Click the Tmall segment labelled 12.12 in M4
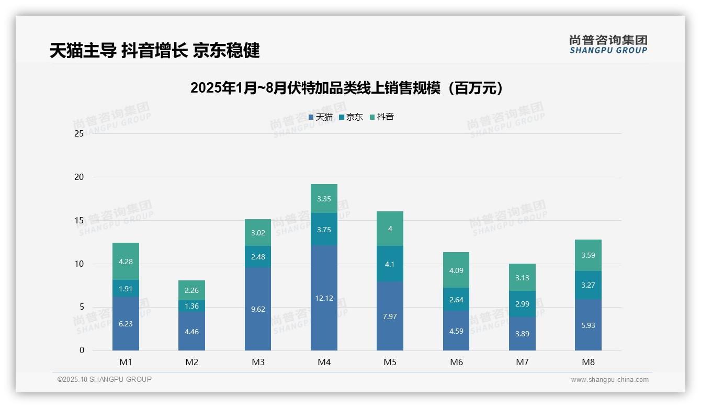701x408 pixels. pos(324,298)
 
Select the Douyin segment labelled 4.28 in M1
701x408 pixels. pos(126,262)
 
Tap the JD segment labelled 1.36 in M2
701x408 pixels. pos(191,306)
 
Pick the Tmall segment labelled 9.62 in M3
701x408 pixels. pos(258,309)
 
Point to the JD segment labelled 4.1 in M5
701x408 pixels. pos(390,264)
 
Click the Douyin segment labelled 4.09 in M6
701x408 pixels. pos(456,270)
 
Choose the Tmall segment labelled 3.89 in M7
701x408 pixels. pos(522,334)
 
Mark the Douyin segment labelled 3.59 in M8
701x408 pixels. pos(588,256)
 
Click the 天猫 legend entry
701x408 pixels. pos(320,117)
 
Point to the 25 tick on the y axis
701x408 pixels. pos(79,133)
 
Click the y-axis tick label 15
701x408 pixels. pos(79,220)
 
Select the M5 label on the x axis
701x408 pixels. pos(390,362)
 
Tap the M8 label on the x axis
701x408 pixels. pos(588,362)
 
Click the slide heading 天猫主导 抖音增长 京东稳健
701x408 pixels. pos(155,51)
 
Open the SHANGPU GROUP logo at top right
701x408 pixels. pos(608,44)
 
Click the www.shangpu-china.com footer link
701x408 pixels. pos(609,380)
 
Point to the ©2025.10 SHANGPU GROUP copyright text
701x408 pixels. pos(105,380)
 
